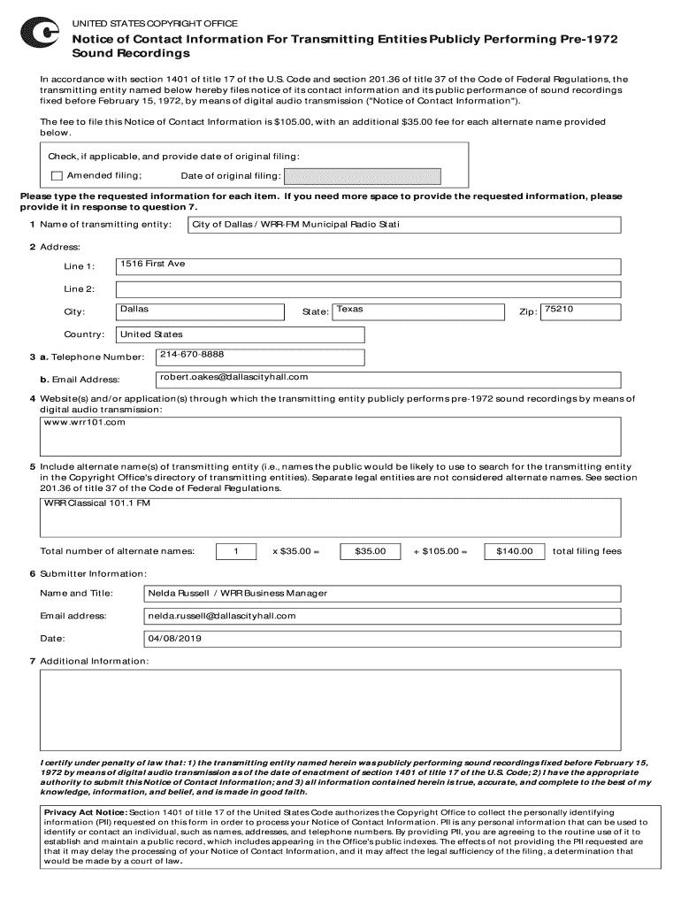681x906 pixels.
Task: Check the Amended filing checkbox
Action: tap(57, 175)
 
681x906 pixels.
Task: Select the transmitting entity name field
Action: tap(404, 225)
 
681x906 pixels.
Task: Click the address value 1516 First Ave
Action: tap(153, 265)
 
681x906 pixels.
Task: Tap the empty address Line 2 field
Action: tap(368, 289)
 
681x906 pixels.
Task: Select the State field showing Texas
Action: tap(349, 310)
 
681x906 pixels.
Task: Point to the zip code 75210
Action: tap(559, 310)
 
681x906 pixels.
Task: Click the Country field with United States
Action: tap(151, 334)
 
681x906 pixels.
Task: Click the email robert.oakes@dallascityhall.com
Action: tap(233, 378)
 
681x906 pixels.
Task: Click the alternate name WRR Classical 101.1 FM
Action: tap(97, 503)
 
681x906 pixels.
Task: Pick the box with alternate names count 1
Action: tap(236, 551)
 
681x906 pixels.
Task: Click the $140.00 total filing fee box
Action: tap(514, 551)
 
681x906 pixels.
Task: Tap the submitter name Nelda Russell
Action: tap(180, 593)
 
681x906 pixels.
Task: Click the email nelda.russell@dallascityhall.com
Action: tap(221, 616)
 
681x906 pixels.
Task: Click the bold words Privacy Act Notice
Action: tap(85, 812)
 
